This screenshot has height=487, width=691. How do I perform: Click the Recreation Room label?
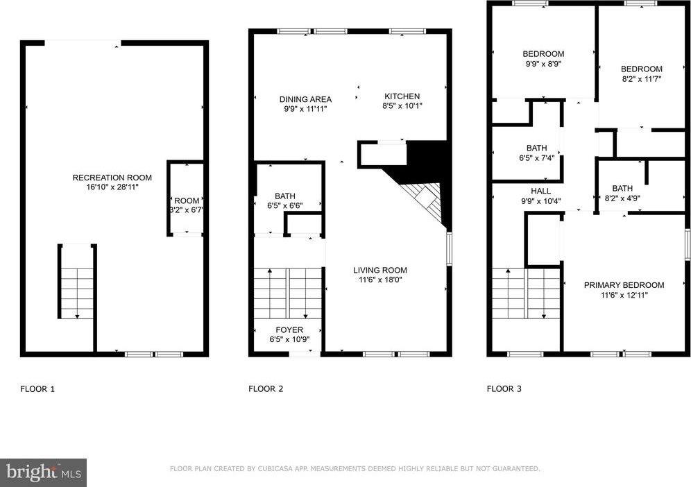pyautogui.click(x=112, y=178)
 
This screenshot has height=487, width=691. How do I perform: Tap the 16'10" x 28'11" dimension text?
pyautogui.click(x=112, y=187)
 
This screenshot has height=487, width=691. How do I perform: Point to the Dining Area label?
pyautogui.click(x=305, y=99)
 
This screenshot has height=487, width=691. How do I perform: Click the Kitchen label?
pyautogui.click(x=402, y=96)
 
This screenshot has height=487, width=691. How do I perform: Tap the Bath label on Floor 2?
pyautogui.click(x=284, y=196)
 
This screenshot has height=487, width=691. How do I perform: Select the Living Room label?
pyautogui.click(x=380, y=270)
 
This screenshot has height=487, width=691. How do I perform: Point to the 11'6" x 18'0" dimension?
pyautogui.click(x=380, y=280)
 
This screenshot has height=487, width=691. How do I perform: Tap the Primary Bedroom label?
pyautogui.click(x=624, y=285)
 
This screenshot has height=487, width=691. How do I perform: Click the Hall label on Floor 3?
pyautogui.click(x=540, y=191)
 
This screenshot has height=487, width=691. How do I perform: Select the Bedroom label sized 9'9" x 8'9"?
pyautogui.click(x=543, y=54)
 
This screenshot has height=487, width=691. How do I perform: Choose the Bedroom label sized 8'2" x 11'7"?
pyautogui.click(x=641, y=69)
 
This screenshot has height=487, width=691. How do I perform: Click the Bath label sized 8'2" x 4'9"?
pyautogui.click(x=622, y=188)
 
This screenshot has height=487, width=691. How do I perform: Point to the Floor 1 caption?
pyautogui.click(x=37, y=389)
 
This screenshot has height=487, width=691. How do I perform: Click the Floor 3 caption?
pyautogui.click(x=504, y=389)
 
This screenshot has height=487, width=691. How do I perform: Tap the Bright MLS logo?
pyautogui.click(x=43, y=472)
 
